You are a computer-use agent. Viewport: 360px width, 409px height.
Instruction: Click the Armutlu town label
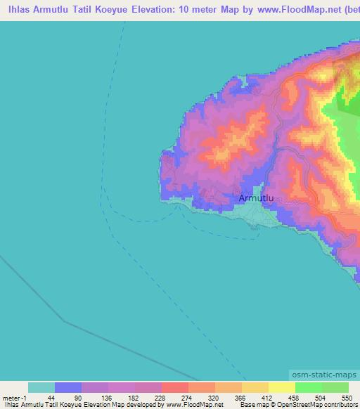pyautogui.click(x=256, y=199)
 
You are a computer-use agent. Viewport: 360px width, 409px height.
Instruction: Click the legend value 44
pyautogui.click(x=51, y=397)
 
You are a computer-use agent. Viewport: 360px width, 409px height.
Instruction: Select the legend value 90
pyautogui.click(x=78, y=397)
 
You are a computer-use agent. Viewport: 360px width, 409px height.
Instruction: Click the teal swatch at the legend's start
pyautogui.click(x=41, y=387)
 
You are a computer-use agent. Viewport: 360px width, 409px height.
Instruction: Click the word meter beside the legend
pyautogui.click(x=12, y=397)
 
